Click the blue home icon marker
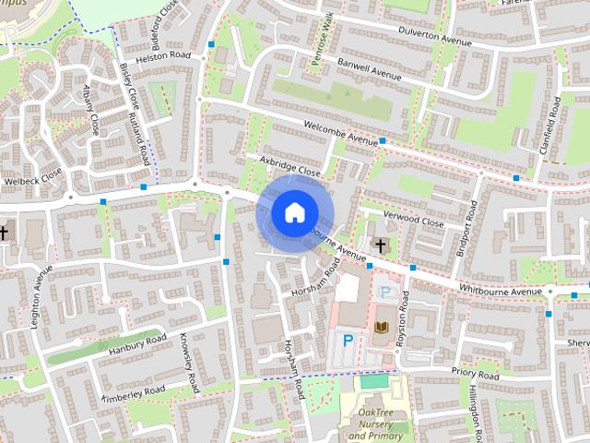tap(293, 213)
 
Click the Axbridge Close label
tap(289, 165)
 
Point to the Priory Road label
tap(475, 376)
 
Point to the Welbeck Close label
tap(32, 182)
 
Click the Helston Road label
tap(162, 55)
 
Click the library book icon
tap(381, 328)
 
